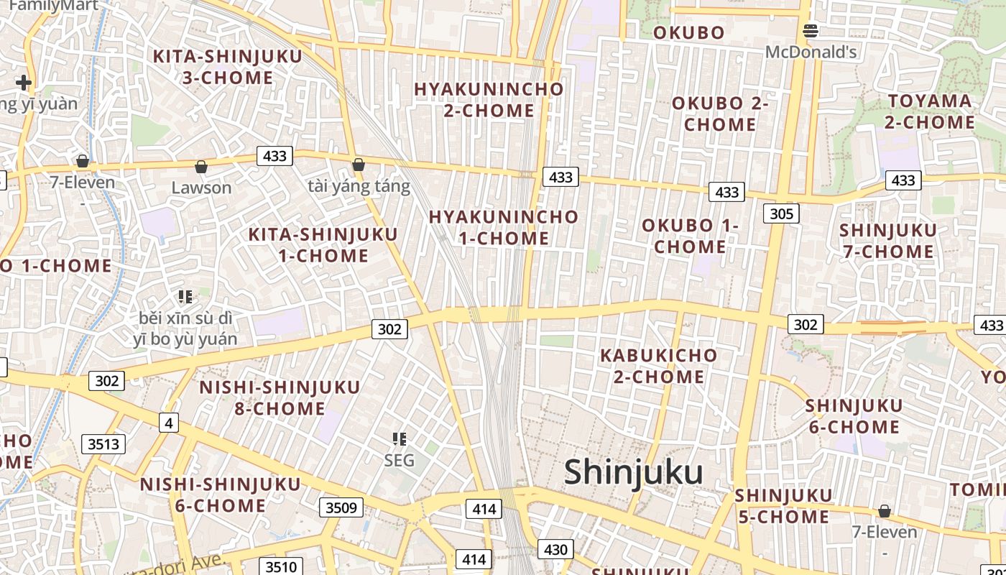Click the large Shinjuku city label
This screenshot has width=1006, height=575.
[633, 472]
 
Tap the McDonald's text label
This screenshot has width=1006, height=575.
[811, 52]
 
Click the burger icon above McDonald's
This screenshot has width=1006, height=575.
[811, 30]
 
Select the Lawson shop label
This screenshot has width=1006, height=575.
[201, 188]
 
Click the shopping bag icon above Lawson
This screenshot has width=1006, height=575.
[201, 167]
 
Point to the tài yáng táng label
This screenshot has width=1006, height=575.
[359, 187]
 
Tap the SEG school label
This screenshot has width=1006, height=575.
[399, 460]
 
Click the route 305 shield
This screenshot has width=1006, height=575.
[781, 213]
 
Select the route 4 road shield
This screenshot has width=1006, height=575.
[169, 423]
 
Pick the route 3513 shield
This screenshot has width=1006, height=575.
[103, 444]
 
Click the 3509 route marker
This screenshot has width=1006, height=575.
[341, 508]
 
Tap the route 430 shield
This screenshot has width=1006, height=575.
[555, 550]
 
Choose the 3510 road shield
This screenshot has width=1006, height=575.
[281, 566]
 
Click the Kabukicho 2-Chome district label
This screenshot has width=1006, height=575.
[658, 366]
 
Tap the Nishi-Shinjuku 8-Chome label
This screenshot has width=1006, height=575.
[280, 397]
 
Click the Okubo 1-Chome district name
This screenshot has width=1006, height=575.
[690, 236]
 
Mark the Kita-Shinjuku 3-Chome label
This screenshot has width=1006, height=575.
[227, 67]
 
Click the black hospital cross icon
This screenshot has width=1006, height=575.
[24, 83]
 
